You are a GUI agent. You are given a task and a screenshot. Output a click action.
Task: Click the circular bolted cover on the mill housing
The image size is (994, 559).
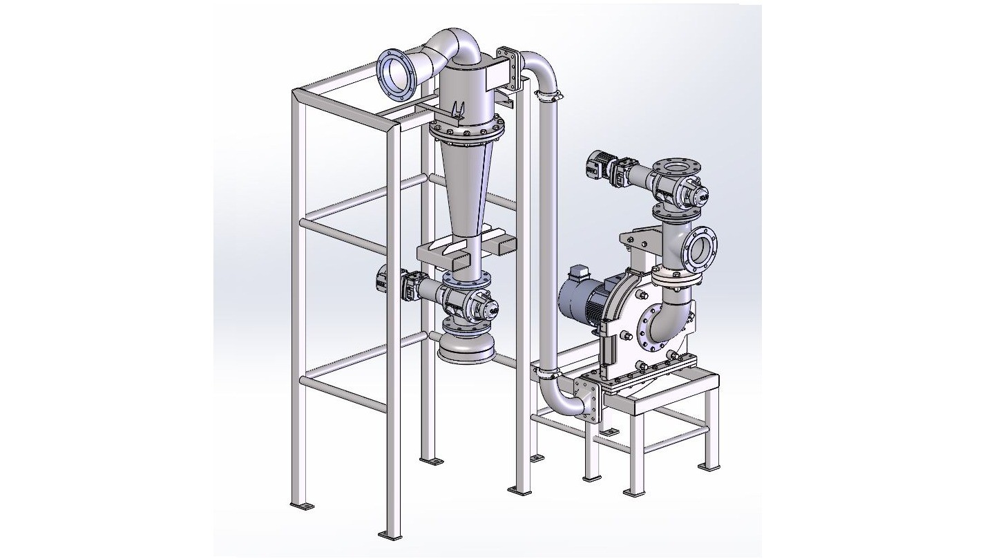tap(653, 331)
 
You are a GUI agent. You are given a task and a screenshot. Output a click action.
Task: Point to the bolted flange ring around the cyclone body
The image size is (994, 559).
tap(466, 131)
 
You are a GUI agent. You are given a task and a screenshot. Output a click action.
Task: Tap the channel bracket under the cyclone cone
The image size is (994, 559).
tap(456, 255)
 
